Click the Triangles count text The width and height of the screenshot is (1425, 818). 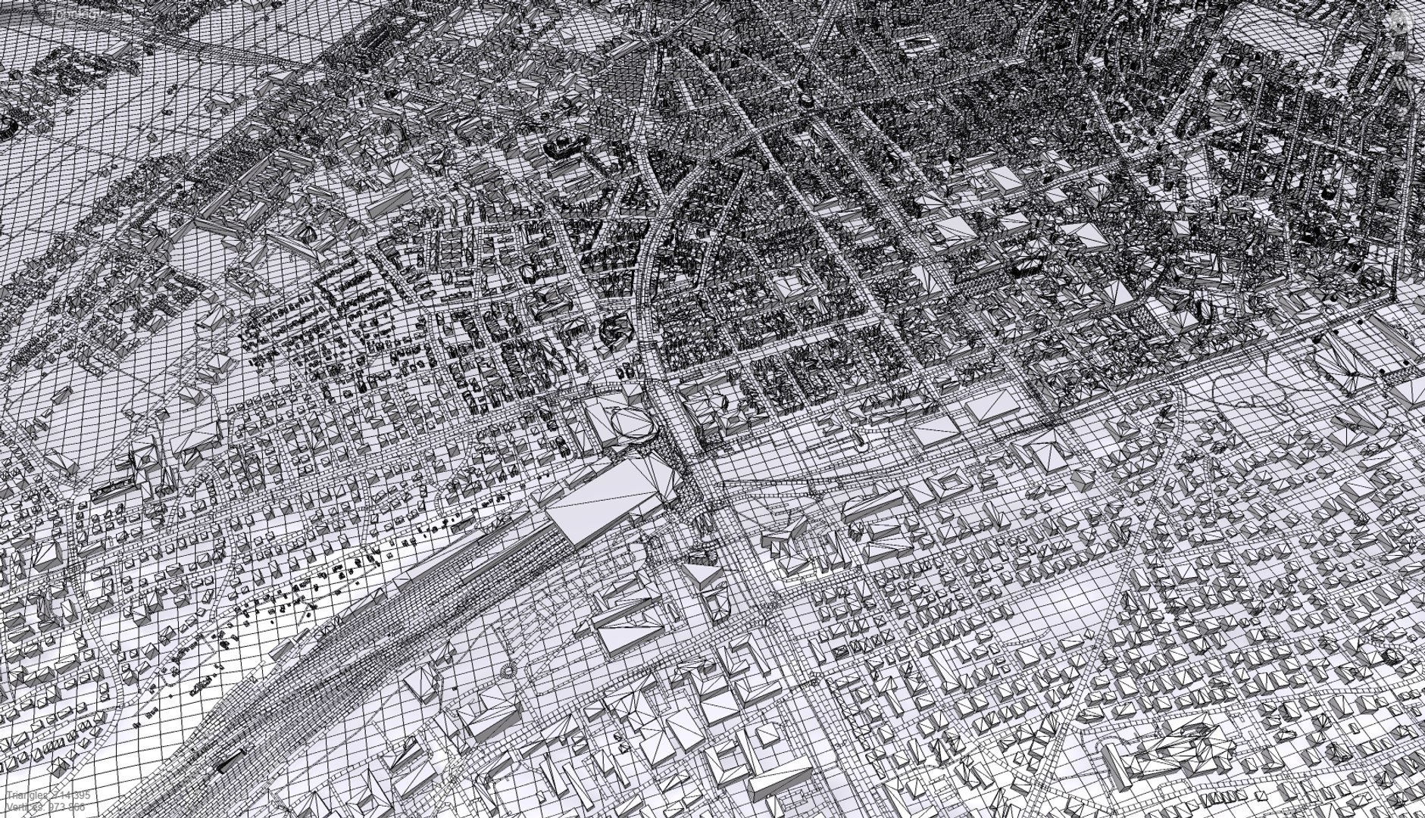tap(48, 796)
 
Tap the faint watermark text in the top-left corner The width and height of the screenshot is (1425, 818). tap(76, 14)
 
